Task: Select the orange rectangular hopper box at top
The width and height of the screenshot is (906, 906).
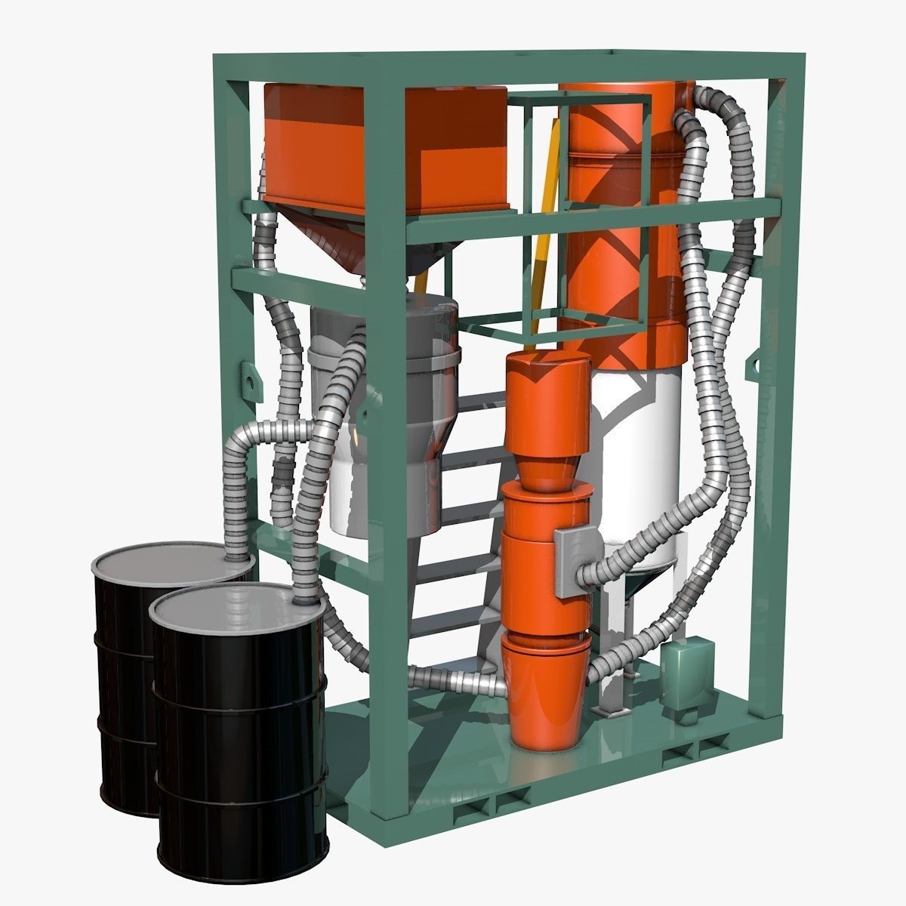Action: [x=385, y=147]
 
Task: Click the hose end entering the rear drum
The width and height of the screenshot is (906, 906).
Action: [x=240, y=557]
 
